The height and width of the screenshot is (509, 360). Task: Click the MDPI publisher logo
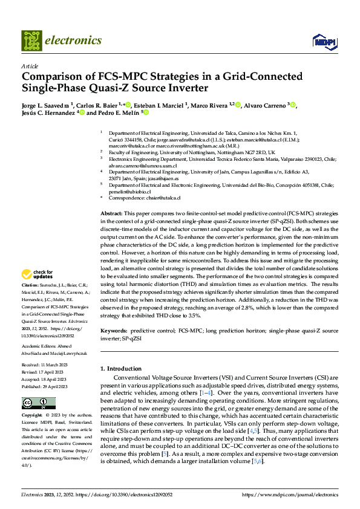pos(323,41)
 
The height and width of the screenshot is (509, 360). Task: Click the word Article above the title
pos(30,66)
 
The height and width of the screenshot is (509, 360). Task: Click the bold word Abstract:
pos(111,214)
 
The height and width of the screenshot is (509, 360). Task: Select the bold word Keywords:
pos(114,331)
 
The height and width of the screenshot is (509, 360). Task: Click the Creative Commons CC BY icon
pos(31,403)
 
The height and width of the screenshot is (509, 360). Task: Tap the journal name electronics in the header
pos(75,41)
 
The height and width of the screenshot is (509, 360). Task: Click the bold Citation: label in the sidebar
pos(30,284)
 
